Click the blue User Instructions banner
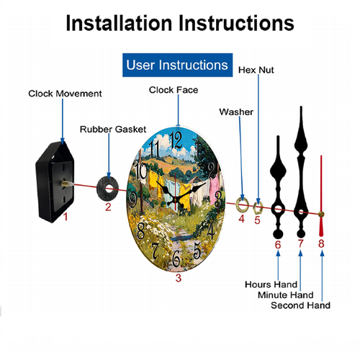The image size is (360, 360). click(177, 65)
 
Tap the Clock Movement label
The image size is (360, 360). click(65, 94)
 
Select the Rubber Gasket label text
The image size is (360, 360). click(113, 130)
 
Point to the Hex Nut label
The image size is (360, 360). click(256, 70)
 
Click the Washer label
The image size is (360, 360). click(236, 112)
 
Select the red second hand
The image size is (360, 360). click(321, 196)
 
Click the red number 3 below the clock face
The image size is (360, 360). click(179, 278)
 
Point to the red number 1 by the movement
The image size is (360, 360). click(66, 217)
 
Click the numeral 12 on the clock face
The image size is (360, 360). click(176, 140)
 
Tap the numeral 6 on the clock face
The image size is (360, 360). click(176, 258)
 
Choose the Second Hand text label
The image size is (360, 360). click(300, 305)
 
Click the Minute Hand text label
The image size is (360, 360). click(286, 295)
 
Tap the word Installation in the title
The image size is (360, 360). click(119, 23)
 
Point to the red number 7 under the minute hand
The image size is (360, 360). click(301, 243)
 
